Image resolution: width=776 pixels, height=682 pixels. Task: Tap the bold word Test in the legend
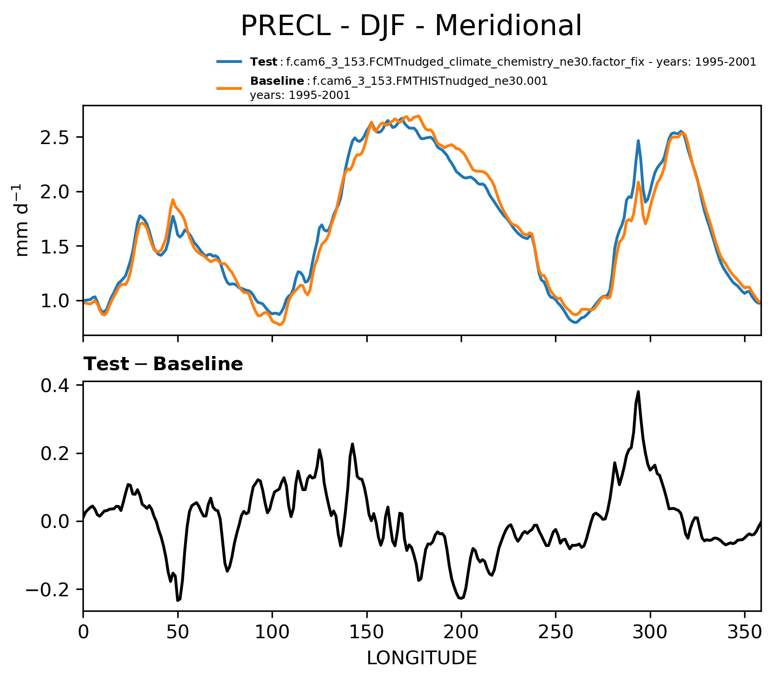263,62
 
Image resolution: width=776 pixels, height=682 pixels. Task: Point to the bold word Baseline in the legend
277,81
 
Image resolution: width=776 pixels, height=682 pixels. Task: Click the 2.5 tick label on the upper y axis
55,138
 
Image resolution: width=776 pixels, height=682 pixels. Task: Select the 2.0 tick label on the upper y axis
55,192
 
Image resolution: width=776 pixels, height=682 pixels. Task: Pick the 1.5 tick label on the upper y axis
55,247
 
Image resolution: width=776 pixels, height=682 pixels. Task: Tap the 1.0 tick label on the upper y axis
55,301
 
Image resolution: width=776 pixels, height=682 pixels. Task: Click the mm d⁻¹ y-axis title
21,221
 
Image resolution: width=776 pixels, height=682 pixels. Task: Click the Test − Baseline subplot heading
163,364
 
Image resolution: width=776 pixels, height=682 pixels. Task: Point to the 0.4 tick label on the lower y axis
55,386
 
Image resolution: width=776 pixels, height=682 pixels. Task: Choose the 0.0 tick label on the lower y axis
55,522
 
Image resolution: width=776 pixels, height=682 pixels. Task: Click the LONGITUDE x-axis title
421,658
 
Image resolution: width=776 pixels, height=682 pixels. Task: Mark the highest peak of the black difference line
638,392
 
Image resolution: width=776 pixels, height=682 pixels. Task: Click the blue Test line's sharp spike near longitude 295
638,141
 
